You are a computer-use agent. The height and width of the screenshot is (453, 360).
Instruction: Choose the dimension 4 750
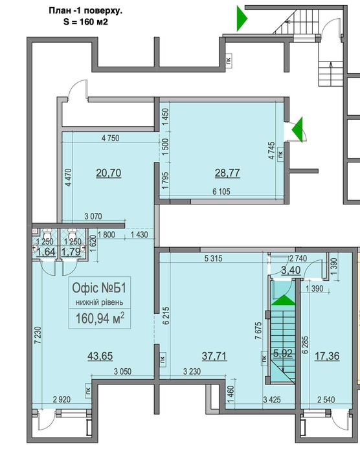point(112,138)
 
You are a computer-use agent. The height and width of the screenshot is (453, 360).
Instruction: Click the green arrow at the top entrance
point(241,18)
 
